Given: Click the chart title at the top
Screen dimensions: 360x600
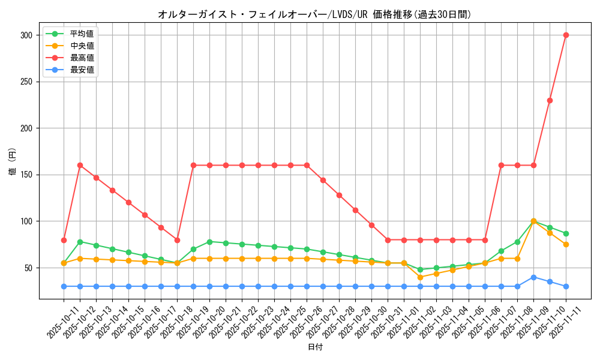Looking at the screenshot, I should (x=314, y=14).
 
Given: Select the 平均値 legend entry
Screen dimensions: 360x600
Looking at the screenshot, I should (x=82, y=34).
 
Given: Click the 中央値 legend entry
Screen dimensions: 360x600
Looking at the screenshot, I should (x=82, y=46).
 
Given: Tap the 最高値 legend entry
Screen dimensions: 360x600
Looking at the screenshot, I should (x=82, y=58).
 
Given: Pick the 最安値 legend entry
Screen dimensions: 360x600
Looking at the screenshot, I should (x=82, y=70).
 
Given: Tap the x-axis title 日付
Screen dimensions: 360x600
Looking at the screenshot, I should (x=315, y=347).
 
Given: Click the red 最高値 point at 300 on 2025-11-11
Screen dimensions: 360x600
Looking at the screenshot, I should (x=566, y=35).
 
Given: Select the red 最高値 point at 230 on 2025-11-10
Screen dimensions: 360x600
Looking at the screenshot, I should (x=550, y=100).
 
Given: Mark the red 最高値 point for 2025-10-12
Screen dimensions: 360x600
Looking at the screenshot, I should (x=80, y=165).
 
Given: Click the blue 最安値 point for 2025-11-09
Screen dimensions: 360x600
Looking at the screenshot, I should (x=533, y=277).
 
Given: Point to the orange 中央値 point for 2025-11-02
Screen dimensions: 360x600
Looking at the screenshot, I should (x=420, y=277).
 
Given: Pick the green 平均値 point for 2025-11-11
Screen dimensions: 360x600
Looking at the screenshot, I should (x=566, y=233).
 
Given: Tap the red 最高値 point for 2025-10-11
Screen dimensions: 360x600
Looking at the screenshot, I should (x=64, y=240).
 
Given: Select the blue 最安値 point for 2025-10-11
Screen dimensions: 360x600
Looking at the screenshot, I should (x=64, y=286).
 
